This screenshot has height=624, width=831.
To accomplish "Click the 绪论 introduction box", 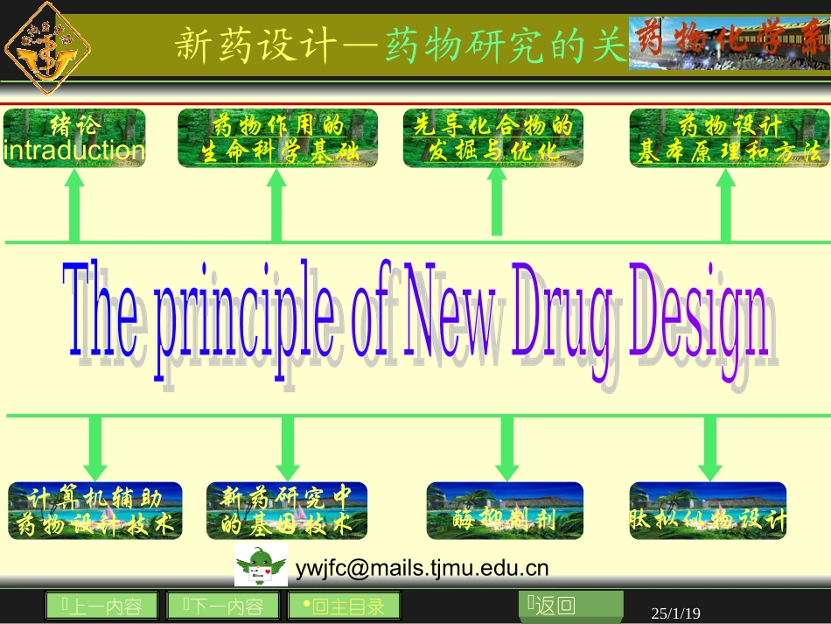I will click(74, 138).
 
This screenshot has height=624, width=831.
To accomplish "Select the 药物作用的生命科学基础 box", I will click(278, 138).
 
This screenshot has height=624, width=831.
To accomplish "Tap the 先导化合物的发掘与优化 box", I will click(493, 138).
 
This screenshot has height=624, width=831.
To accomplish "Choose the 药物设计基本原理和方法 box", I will click(728, 138).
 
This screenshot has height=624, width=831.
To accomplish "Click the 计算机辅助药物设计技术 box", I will click(95, 510).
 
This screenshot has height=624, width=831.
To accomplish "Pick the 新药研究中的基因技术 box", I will click(287, 510).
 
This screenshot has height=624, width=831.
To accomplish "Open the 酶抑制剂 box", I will click(505, 510).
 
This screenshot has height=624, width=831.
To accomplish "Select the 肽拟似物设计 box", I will click(708, 510).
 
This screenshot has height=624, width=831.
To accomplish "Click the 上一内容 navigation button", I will click(101, 606).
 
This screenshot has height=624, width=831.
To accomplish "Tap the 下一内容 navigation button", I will click(223, 606).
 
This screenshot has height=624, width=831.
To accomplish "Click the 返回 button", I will click(571, 606).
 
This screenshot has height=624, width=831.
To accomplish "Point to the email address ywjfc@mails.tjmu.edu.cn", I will click(422, 568).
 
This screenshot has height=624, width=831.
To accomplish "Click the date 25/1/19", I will click(676, 613).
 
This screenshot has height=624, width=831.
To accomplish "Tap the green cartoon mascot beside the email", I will click(261, 564).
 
